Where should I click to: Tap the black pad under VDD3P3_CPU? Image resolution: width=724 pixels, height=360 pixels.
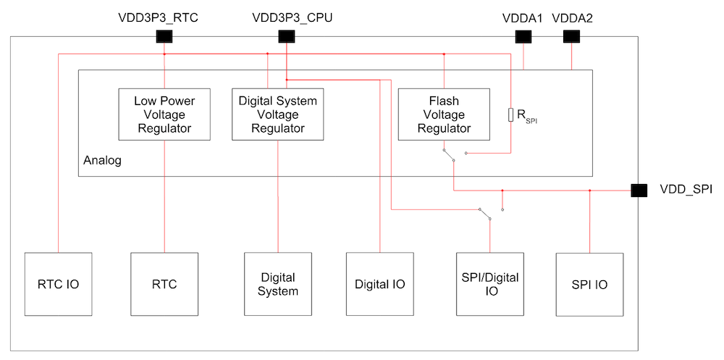(x=287, y=36)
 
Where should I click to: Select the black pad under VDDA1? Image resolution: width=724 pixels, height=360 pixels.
(x=523, y=36)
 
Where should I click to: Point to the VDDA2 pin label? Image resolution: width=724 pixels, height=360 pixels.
(x=572, y=18)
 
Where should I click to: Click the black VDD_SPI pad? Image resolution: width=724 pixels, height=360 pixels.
(x=639, y=191)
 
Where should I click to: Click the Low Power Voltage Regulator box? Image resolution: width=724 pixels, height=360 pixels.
(x=164, y=114)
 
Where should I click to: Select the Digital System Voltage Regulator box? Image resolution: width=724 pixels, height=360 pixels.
(x=278, y=114)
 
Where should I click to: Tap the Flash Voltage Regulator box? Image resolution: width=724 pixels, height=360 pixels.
(x=444, y=114)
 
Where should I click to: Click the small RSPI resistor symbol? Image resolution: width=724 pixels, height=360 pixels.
(x=511, y=114)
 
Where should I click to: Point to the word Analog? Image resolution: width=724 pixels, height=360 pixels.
(x=103, y=160)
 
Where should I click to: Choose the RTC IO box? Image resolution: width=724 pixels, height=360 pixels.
(x=58, y=284)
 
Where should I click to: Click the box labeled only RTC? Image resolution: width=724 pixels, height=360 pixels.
(x=164, y=284)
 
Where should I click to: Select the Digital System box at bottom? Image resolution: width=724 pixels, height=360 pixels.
(x=278, y=284)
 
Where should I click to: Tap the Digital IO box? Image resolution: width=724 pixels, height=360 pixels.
(x=379, y=284)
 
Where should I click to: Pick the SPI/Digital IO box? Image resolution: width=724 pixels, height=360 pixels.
(x=490, y=284)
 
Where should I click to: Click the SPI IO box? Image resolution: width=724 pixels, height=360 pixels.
(x=589, y=284)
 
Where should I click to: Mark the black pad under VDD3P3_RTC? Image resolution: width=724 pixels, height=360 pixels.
(x=164, y=36)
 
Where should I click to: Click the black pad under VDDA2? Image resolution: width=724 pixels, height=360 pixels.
(x=572, y=36)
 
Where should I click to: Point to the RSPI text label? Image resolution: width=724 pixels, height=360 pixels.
(x=526, y=116)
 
